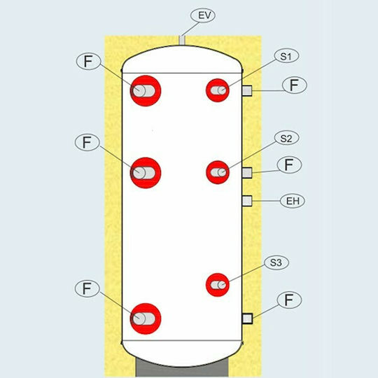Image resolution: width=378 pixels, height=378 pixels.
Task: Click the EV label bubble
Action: coord(203,15)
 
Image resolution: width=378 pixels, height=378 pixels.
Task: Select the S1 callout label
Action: coord(286,56)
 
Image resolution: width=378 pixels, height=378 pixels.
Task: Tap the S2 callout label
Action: coord(286,138)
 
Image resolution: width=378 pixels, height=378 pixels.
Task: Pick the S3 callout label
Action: coord(276,262)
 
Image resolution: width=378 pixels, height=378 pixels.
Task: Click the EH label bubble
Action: coord(293,201)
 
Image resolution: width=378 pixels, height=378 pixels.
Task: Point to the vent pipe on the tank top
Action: coord(182,41)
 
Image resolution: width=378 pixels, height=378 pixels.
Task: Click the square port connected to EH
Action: coord(247,201)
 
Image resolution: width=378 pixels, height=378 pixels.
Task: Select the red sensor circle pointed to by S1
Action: coord(218,90)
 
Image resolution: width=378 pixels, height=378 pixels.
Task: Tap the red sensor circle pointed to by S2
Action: coord(218,172)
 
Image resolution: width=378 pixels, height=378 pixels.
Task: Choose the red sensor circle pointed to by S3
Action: coord(218,285)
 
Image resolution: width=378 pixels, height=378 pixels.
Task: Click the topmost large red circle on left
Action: coord(146,91)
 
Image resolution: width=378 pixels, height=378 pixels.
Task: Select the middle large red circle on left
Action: coord(146,173)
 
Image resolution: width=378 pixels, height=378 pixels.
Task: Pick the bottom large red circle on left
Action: coord(146,318)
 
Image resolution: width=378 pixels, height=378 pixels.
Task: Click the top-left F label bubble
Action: coord(88,62)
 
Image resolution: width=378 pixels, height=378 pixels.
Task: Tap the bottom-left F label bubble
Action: coord(87,289)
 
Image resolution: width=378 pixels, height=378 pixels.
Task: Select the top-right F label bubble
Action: coord(295,85)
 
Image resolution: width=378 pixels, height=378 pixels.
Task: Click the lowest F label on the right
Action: coord(289,300)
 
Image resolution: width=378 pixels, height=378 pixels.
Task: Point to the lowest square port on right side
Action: coord(247,318)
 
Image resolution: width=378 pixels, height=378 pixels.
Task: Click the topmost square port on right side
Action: coord(247,90)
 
